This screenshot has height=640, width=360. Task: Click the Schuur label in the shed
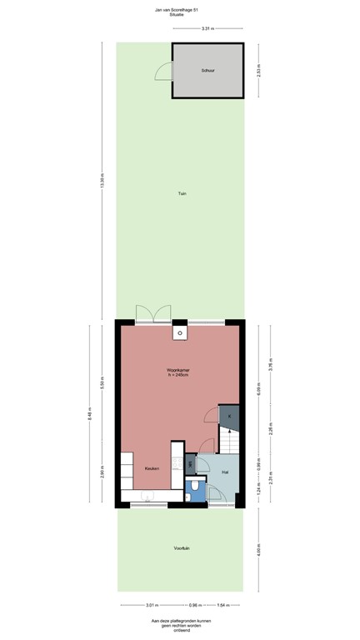(x=207, y=71)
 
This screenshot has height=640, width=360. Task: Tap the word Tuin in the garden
(x=182, y=193)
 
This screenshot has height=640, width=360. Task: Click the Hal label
(x=225, y=472)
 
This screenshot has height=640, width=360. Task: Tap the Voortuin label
(x=182, y=547)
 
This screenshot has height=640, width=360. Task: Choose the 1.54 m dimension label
(x=222, y=605)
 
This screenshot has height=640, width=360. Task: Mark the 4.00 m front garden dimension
(x=258, y=549)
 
